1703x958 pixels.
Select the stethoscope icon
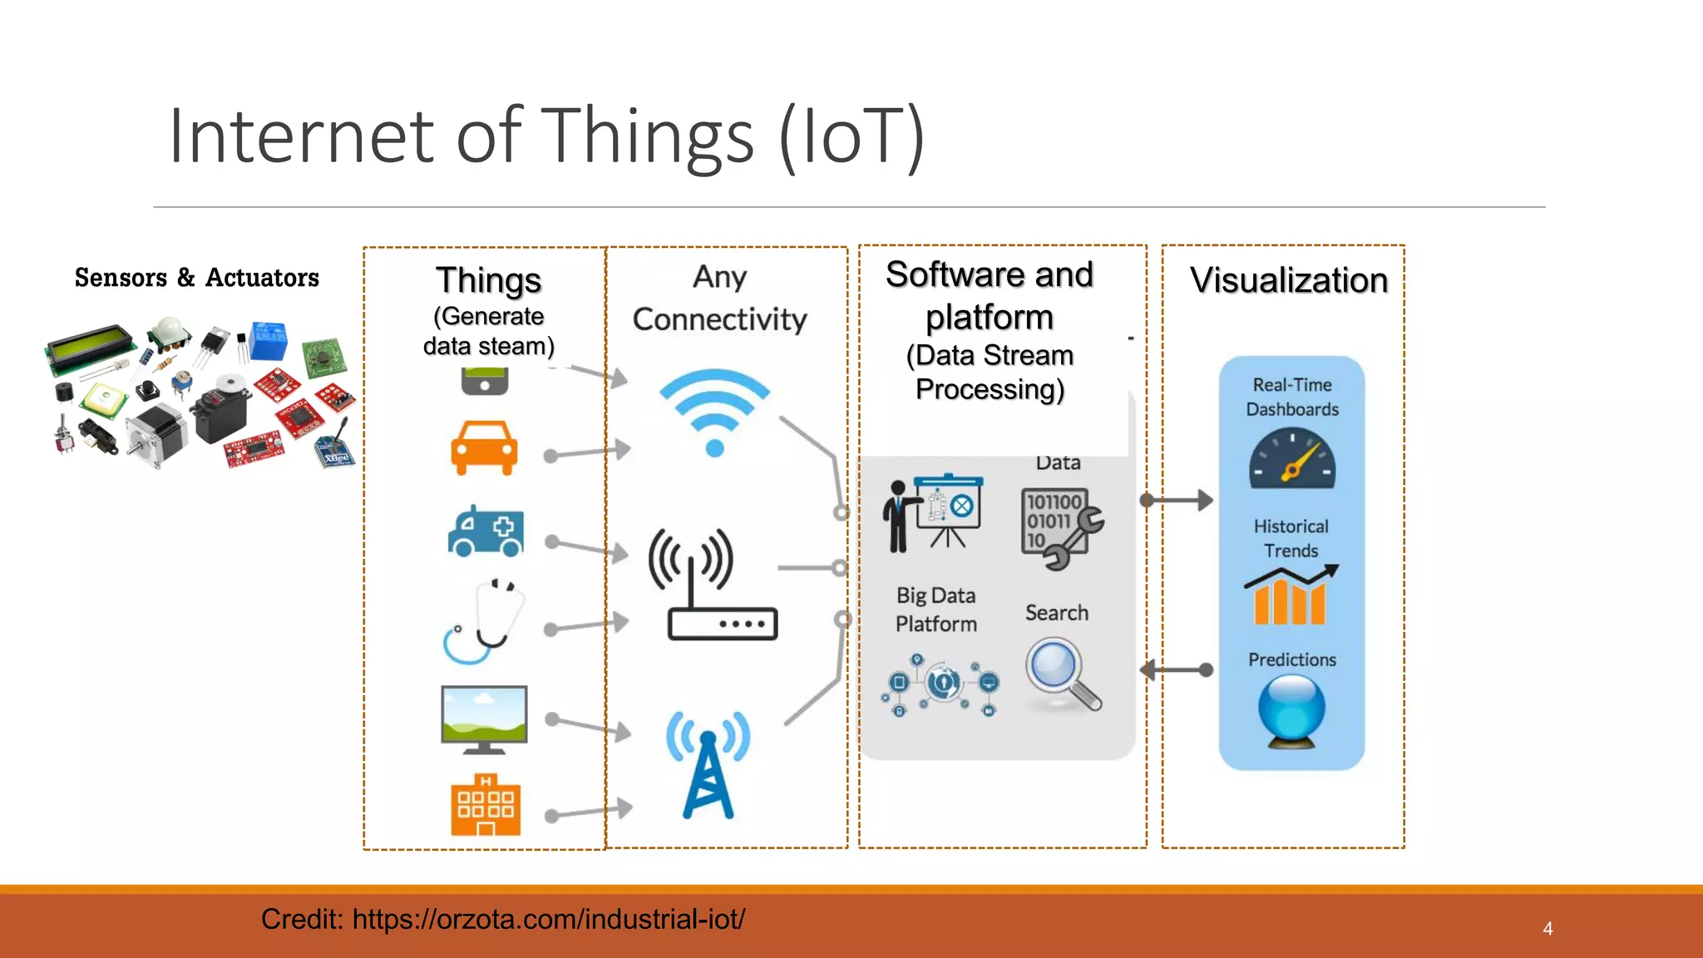pyautogui.click(x=484, y=622)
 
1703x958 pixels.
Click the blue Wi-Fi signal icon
pyautogui.click(x=714, y=412)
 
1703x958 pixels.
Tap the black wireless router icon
pyautogui.click(x=713, y=586)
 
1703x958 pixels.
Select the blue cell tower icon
pyautogui.click(x=708, y=765)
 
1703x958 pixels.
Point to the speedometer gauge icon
pyautogui.click(x=1291, y=459)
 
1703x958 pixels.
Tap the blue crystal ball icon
pyautogui.click(x=1291, y=709)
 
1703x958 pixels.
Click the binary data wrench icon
pyautogui.click(x=1060, y=527)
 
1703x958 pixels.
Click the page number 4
pyautogui.click(x=1548, y=929)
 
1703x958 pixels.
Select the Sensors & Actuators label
pyautogui.click(x=197, y=278)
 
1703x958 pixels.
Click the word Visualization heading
pyautogui.click(x=1289, y=280)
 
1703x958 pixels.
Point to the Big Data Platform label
pyautogui.click(x=935, y=610)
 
